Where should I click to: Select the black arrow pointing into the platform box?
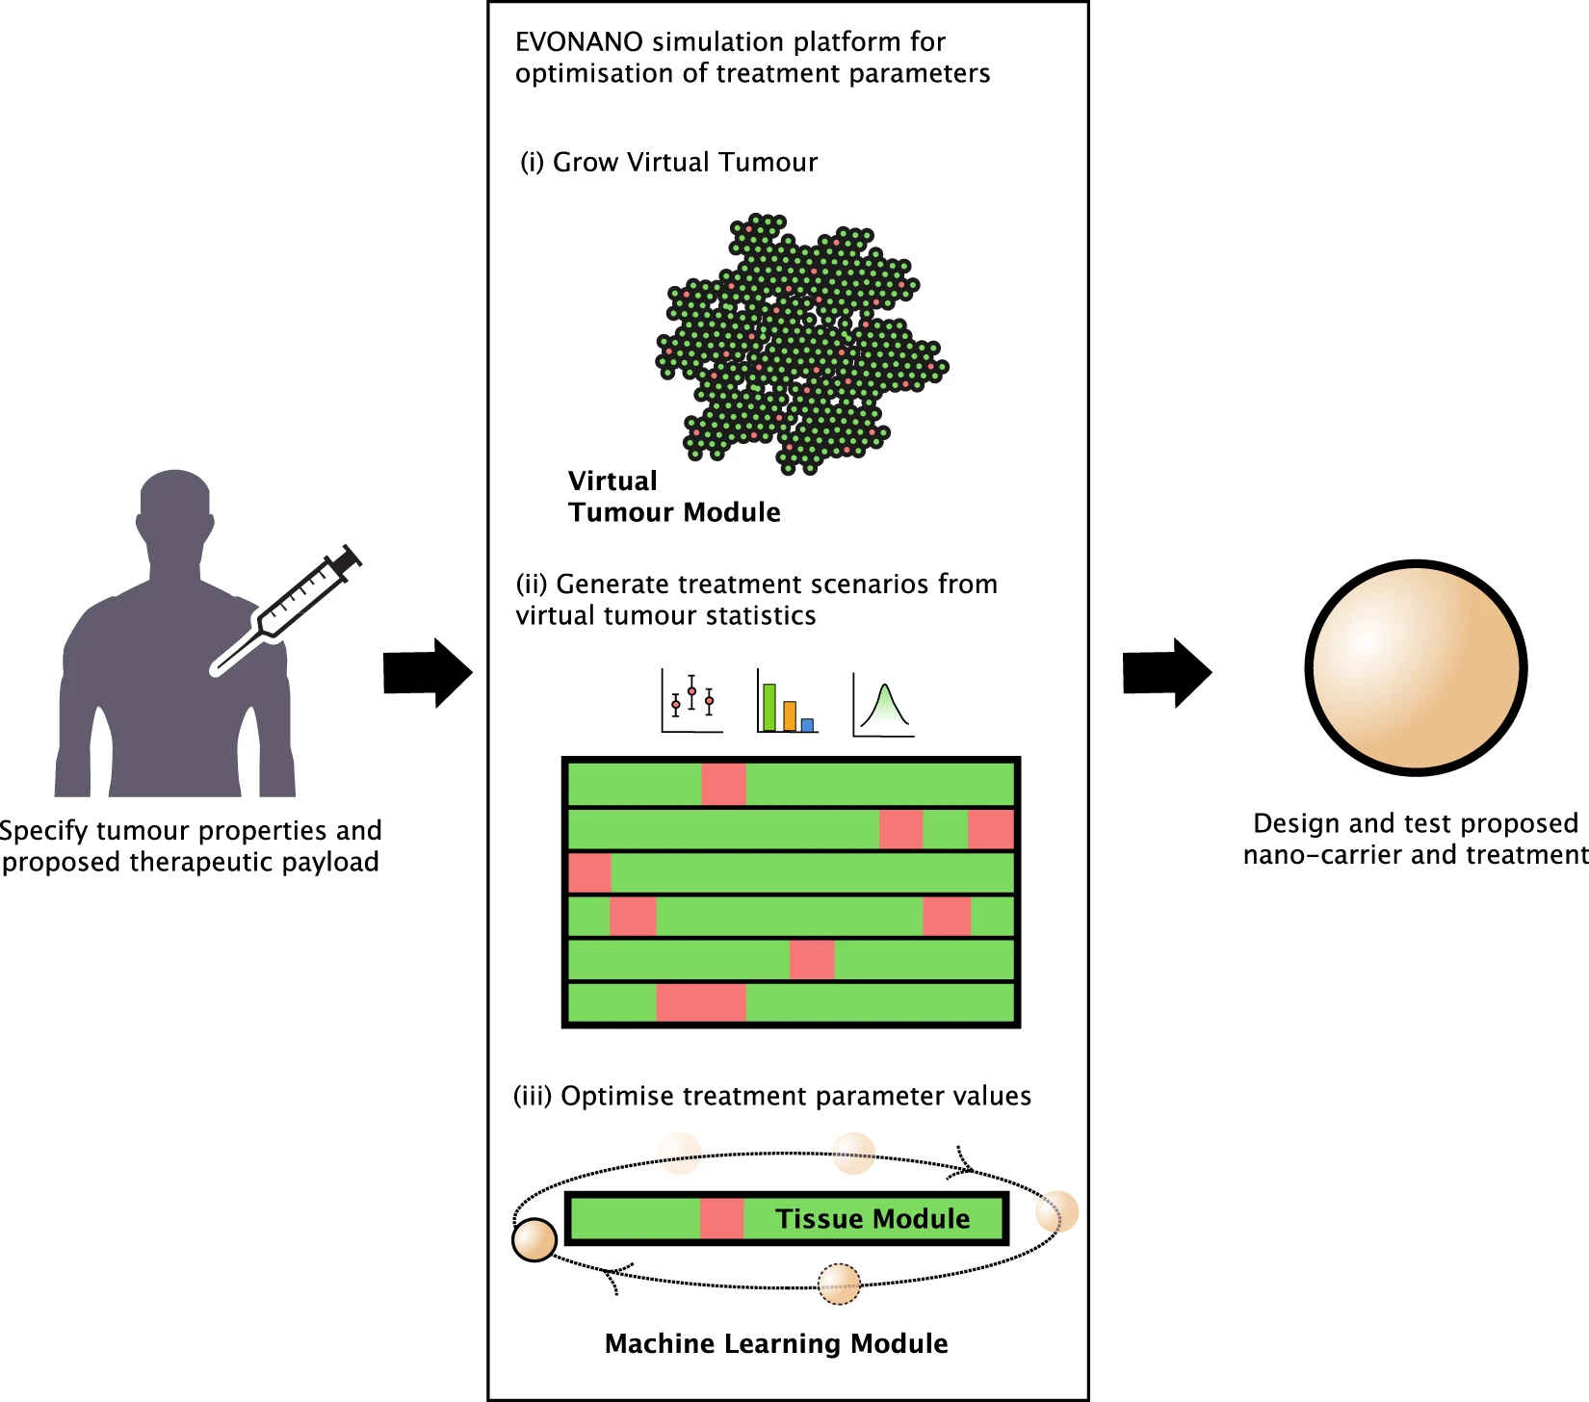[428, 672]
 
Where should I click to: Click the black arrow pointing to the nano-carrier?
[1167, 672]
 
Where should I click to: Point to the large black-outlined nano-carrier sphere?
[1416, 667]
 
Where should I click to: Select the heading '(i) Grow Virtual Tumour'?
[668, 162]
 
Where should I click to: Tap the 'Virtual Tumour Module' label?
[674, 496]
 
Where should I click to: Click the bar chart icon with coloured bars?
[788, 701]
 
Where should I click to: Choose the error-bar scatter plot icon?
[691, 701]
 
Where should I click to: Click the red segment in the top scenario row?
[723, 784]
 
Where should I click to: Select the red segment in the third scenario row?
[589, 872]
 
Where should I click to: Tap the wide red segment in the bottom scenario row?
[701, 1002]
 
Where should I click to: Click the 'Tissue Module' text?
[873, 1219]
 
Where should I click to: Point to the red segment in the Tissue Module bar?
[721, 1219]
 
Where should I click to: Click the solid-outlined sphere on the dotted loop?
[534, 1240]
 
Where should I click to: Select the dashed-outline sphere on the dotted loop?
[839, 1284]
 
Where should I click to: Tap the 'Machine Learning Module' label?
[776, 1343]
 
